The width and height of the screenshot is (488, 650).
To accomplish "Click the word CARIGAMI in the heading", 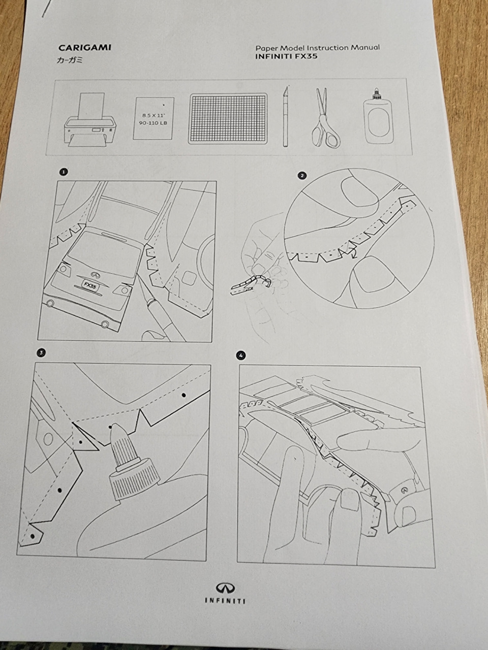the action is [x=85, y=48].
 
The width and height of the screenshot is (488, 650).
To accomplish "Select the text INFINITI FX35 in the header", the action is [x=286, y=57].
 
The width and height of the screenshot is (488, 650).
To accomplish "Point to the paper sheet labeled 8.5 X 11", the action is [x=154, y=118].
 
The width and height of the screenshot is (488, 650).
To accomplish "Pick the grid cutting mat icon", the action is [x=228, y=118].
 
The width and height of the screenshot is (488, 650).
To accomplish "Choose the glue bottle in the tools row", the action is [x=378, y=117].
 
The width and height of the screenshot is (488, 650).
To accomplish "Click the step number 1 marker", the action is [x=63, y=172].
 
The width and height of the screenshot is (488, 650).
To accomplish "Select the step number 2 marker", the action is [x=302, y=176].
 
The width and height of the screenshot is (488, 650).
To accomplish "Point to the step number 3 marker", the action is [x=41, y=352].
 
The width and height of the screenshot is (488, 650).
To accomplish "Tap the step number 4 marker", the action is [x=240, y=355].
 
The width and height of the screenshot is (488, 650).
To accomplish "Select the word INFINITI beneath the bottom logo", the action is [x=225, y=600].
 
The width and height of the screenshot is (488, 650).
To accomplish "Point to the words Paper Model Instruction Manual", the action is [x=317, y=48].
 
